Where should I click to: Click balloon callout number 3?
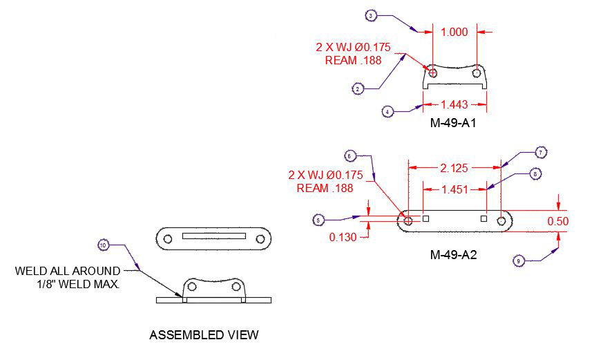pyautogui.click(x=371, y=15)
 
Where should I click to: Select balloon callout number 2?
pyautogui.click(x=358, y=88)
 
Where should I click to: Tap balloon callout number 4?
pyautogui.click(x=388, y=111)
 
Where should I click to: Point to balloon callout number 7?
pyautogui.click(x=541, y=152)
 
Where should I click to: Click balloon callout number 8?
pyautogui.click(x=535, y=174)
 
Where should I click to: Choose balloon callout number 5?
pyautogui.click(x=318, y=220)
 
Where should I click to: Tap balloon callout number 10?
pyautogui.click(x=103, y=245)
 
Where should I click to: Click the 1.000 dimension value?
pyautogui.click(x=454, y=31)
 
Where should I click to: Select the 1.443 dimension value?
pyautogui.click(x=454, y=105)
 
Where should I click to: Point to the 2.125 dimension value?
pyautogui.click(x=454, y=167)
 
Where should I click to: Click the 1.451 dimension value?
pyautogui.click(x=454, y=188)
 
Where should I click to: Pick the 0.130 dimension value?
pyautogui.click(x=343, y=237)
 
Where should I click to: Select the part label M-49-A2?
pyautogui.click(x=453, y=255)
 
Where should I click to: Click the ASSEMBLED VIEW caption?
pyautogui.click(x=204, y=336)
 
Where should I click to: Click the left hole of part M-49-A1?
pyautogui.click(x=432, y=72)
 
